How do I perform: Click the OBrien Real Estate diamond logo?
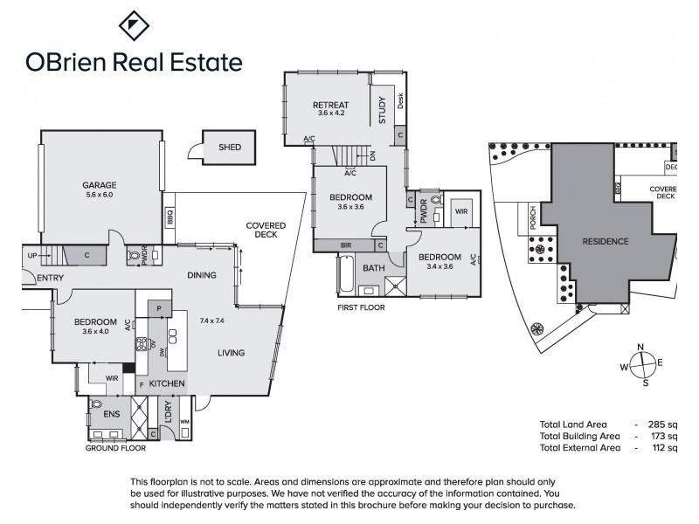click(x=130, y=27)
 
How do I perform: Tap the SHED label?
click(x=230, y=148)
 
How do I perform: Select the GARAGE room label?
click(x=100, y=184)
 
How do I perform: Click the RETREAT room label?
click(x=331, y=106)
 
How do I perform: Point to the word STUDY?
click(x=382, y=112)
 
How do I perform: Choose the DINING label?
click(x=202, y=275)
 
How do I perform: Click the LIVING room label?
click(x=231, y=352)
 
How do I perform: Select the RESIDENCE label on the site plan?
click(x=605, y=240)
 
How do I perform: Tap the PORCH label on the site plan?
click(x=533, y=218)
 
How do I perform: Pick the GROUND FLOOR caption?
click(x=114, y=448)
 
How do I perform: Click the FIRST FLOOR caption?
click(x=361, y=307)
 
